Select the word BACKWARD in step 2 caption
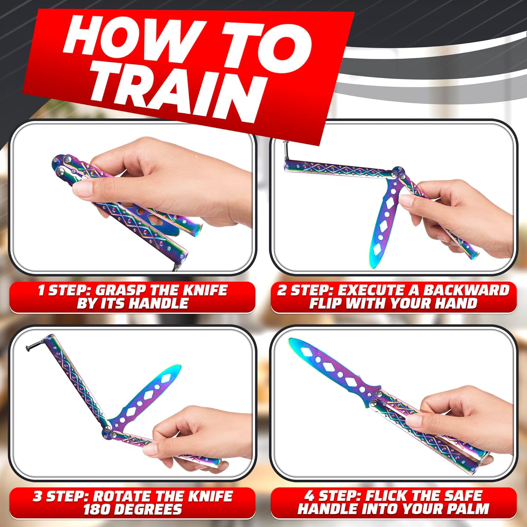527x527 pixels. click(x=466, y=291)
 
